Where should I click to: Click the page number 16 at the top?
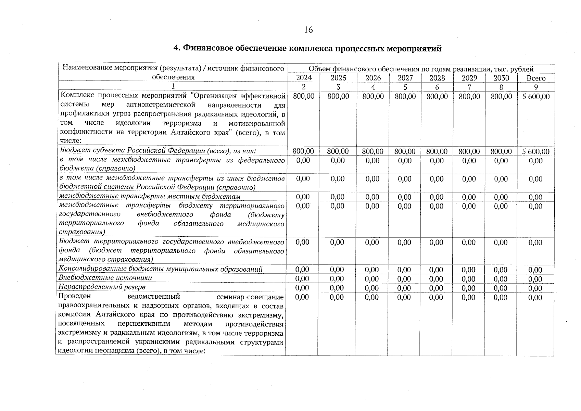308,30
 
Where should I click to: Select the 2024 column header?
304,78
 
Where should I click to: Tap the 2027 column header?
405,78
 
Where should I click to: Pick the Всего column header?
536,78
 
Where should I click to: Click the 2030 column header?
501,78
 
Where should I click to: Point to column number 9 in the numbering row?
536,87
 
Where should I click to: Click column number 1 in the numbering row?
173,86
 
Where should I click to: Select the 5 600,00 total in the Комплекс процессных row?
536,97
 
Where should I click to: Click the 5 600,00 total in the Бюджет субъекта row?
536,151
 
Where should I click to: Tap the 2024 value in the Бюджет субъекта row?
303,151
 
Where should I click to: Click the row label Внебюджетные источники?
105,278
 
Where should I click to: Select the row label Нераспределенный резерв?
102,287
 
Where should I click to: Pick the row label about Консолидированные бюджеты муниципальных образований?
160,269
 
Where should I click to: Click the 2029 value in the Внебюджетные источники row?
468,279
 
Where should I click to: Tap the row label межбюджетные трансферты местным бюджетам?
150,196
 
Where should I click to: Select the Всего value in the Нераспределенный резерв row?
535,288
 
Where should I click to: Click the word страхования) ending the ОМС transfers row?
82,232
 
